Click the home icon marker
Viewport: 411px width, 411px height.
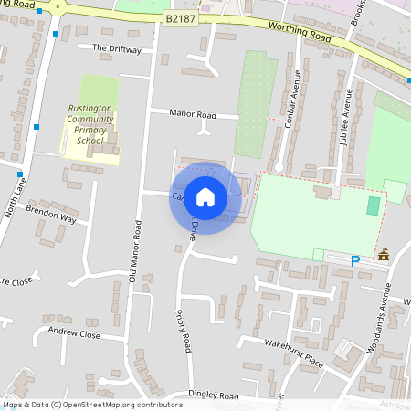coord(205,197)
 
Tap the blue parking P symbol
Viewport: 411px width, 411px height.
coord(355,261)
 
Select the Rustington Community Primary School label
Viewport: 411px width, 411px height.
coord(90,124)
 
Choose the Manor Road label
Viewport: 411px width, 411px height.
coord(193,115)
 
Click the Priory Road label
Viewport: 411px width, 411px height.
coord(183,331)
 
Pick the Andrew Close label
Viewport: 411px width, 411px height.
coord(74,334)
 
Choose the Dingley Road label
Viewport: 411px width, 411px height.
coord(213,395)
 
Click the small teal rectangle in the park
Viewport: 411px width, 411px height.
coord(372,205)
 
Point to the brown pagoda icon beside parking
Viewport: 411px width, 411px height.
coord(384,255)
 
